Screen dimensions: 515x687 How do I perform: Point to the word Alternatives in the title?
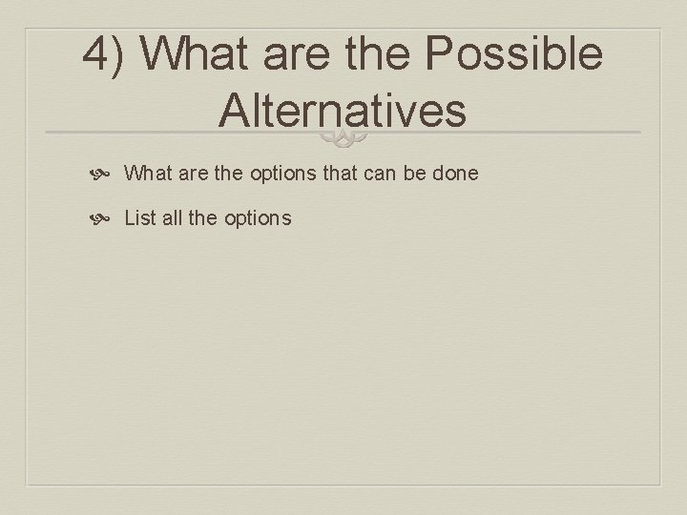click(343, 110)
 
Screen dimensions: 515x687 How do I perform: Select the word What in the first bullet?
click(146, 174)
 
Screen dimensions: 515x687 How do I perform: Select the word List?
click(139, 217)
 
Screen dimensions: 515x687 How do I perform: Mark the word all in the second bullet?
click(172, 217)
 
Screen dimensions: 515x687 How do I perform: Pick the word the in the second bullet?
click(203, 217)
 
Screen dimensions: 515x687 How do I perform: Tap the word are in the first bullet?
click(189, 174)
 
